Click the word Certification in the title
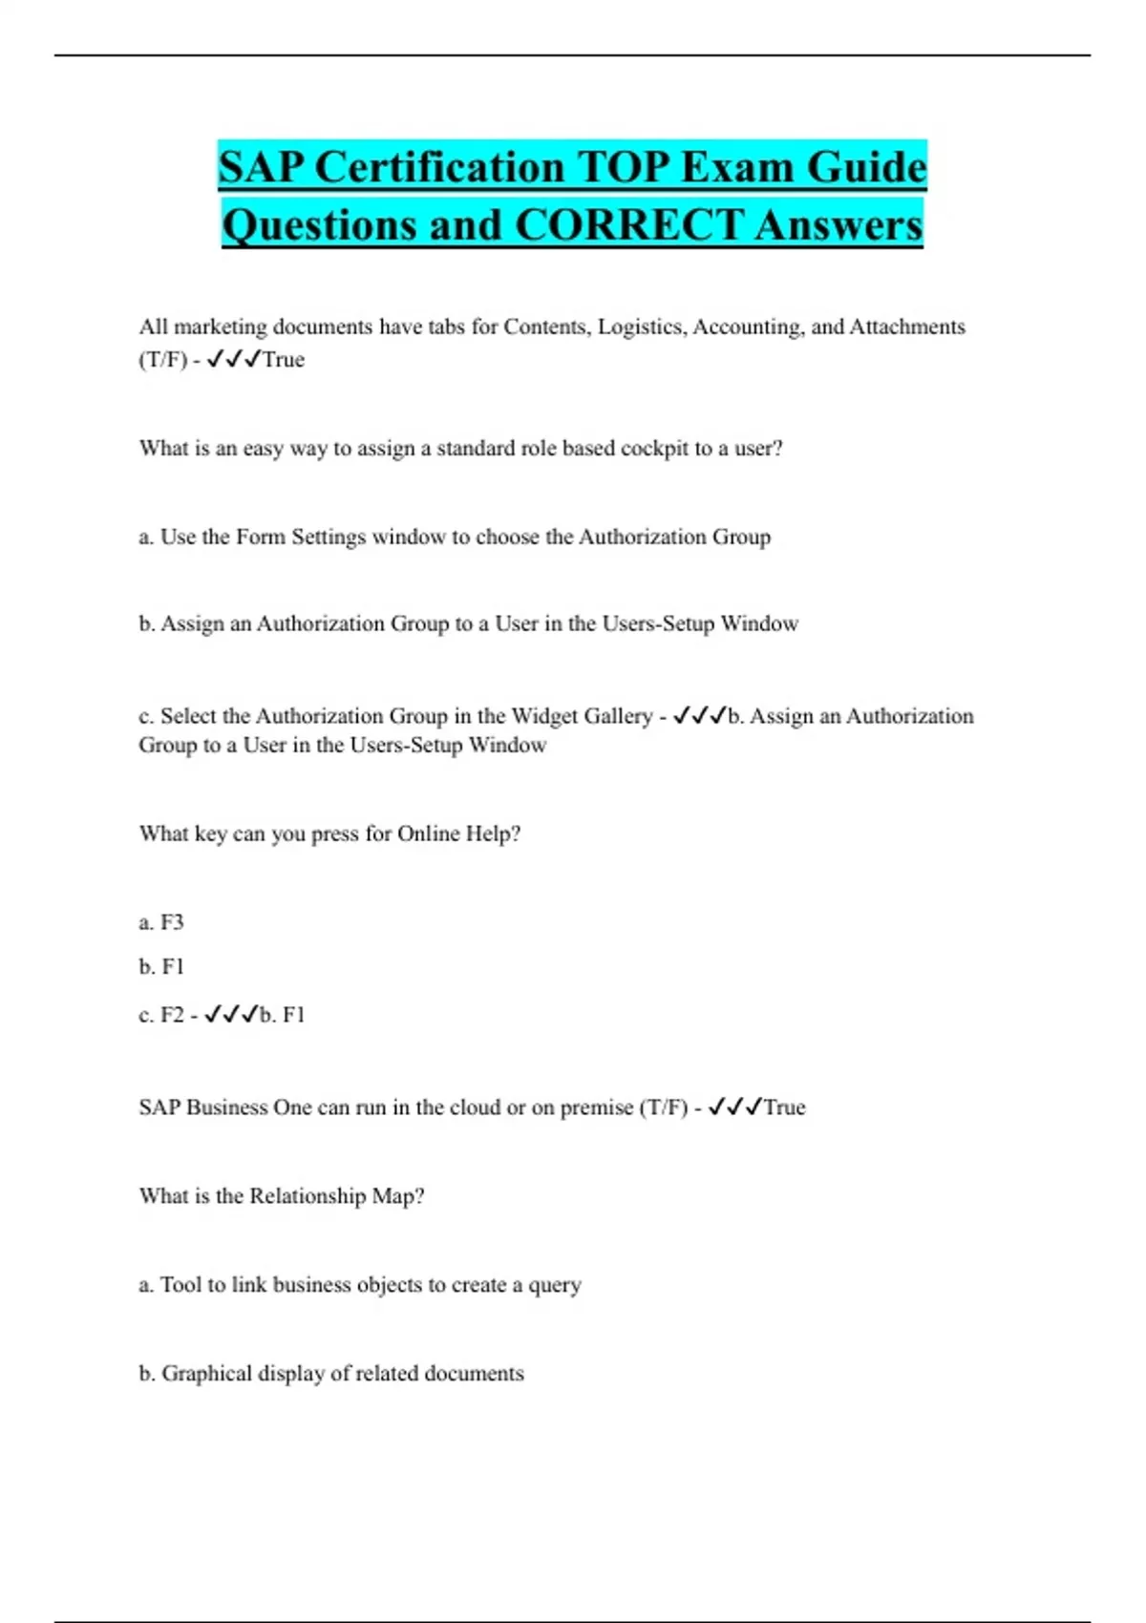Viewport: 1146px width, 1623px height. (440, 168)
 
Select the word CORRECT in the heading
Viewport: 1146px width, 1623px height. (627, 226)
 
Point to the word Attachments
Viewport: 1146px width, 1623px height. (907, 327)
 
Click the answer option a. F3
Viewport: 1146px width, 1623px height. (161, 922)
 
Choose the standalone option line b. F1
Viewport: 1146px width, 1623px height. (161, 967)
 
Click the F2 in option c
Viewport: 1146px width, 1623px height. (172, 1015)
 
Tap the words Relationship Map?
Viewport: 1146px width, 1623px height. (336, 1196)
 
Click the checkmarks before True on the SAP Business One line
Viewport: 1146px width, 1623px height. (734, 1107)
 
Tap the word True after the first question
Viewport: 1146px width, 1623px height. (284, 360)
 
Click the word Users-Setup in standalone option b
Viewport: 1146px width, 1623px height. (658, 624)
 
